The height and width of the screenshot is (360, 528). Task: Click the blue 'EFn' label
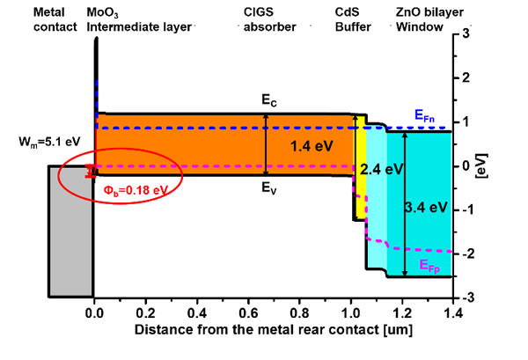coord(423,114)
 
